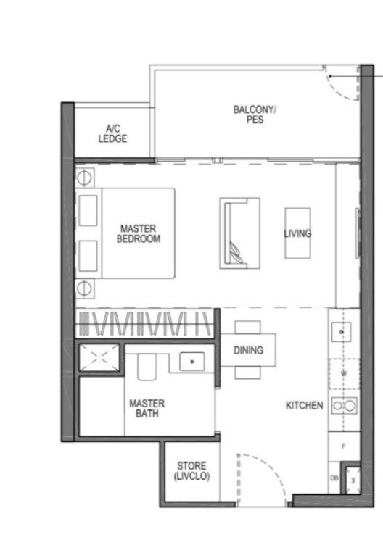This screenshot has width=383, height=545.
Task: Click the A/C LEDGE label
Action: click(112, 134)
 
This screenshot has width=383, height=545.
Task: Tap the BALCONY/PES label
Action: click(255, 115)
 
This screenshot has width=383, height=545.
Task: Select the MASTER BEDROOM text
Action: click(139, 233)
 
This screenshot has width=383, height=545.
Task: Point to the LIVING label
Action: click(297, 233)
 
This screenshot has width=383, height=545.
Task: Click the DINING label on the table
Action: click(248, 350)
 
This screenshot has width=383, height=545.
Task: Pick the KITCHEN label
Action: click(305, 405)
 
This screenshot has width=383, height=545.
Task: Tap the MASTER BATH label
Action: click(147, 409)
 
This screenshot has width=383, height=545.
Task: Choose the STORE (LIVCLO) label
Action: click(191, 471)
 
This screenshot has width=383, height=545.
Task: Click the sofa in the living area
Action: click(239, 233)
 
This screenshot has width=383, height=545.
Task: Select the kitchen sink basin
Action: click(341, 332)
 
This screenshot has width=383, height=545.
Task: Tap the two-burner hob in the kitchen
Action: click(344, 406)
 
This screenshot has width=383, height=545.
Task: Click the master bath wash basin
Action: click(192, 362)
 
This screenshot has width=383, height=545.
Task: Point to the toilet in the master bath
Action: click(147, 367)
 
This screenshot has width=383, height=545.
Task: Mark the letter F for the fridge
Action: click(344, 446)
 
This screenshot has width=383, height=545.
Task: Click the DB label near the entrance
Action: click(334, 478)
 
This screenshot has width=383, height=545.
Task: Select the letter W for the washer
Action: click(344, 374)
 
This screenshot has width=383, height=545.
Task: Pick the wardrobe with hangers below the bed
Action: click(144, 323)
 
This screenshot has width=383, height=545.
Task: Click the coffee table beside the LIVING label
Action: click(298, 233)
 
